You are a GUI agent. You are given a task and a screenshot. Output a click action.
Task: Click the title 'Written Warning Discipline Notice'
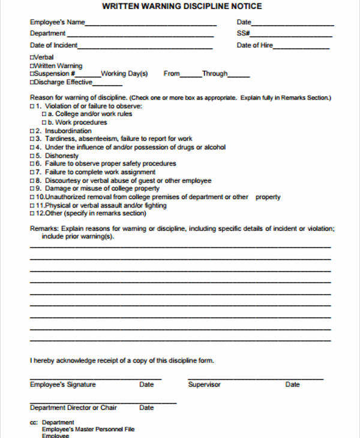[182, 7]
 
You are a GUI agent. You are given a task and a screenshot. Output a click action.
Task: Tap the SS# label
[243, 34]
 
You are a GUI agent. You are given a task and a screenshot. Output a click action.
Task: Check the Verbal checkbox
[32, 58]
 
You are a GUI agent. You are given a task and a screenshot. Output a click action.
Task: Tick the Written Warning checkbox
[32, 66]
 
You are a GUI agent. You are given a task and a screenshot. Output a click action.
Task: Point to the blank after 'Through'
[239, 76]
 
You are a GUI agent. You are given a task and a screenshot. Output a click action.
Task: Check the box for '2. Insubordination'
[32, 131]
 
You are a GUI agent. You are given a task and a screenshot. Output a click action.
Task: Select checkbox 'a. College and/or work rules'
[44, 114]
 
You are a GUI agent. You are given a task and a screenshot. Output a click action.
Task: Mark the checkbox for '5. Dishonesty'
[32, 155]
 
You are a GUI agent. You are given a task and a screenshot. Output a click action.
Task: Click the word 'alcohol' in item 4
[214, 147]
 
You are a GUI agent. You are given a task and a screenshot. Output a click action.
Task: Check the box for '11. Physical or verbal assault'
[32, 205]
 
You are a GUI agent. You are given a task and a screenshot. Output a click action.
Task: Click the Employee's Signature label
[62, 385]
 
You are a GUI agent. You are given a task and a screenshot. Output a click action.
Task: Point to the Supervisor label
[204, 385]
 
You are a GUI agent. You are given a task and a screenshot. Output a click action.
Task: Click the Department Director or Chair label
[73, 408]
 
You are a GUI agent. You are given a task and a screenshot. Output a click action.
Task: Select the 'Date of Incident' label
[53, 46]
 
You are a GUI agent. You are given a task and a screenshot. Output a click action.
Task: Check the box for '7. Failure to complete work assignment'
[32, 172]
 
